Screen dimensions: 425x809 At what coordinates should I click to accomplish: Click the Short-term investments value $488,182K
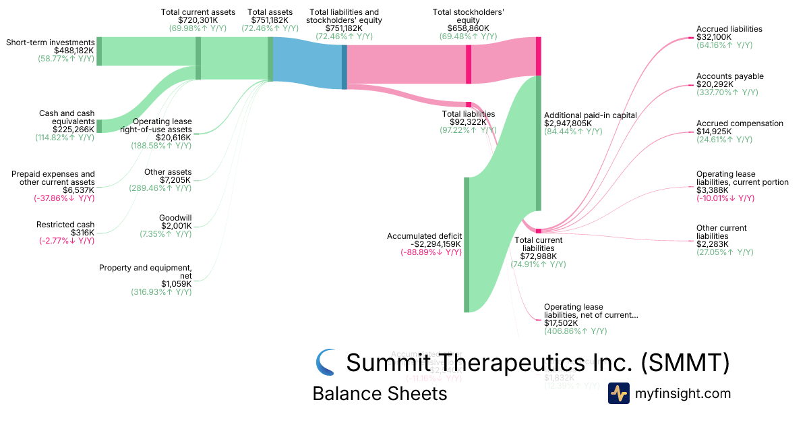click(74, 51)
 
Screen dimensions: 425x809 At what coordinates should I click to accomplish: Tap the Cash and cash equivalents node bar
click(99, 126)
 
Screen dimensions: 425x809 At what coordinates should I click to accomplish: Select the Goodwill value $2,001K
click(177, 226)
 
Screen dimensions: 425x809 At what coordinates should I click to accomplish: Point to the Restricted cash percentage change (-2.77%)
click(65, 241)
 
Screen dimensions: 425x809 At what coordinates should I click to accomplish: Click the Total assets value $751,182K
click(270, 20)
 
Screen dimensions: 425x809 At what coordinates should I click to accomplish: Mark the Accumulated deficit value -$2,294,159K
click(424, 244)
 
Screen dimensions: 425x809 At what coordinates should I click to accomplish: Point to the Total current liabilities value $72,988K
click(538, 256)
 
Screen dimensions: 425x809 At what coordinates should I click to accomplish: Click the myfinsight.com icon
click(618, 393)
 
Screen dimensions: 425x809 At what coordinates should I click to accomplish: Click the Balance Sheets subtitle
click(380, 393)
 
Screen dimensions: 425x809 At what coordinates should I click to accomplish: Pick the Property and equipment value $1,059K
click(176, 284)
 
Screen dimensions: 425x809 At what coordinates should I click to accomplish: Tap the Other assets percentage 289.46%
click(160, 188)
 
